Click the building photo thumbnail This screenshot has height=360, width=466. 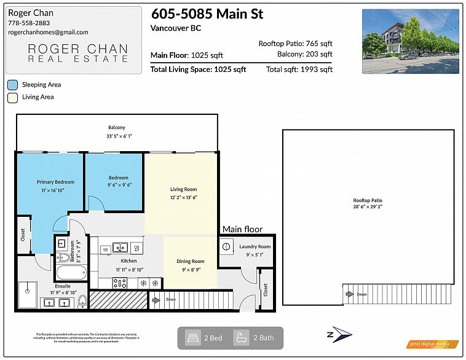410,42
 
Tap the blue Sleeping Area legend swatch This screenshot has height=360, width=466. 12,85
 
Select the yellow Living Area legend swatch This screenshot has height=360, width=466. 12,97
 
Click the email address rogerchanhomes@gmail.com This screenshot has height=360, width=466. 48,32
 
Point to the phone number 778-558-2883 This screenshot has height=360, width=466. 29,23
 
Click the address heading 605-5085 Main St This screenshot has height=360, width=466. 198,14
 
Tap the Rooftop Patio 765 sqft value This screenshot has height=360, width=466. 295,44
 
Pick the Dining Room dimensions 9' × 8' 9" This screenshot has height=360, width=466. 190,269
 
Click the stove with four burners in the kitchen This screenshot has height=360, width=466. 120,283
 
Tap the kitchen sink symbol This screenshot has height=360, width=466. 120,248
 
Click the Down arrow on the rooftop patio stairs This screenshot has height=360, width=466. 349,294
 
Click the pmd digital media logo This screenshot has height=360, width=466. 433,345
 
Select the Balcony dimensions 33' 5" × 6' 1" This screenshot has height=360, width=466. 117,136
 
